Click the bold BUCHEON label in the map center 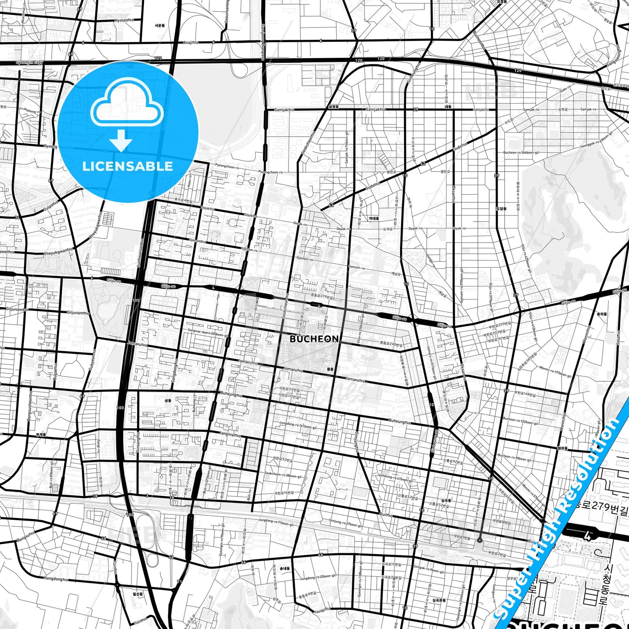(314, 339)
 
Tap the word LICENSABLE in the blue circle (128, 166)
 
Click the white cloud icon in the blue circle (127, 103)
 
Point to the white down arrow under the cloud (121, 140)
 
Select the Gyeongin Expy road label (30, 62)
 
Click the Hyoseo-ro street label (124, 20)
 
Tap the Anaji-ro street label (190, 43)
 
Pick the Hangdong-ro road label (56, 579)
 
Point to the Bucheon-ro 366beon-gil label (521, 153)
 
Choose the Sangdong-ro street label (175, 373)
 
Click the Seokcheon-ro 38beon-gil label (283, 475)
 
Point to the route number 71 (179, 582)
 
